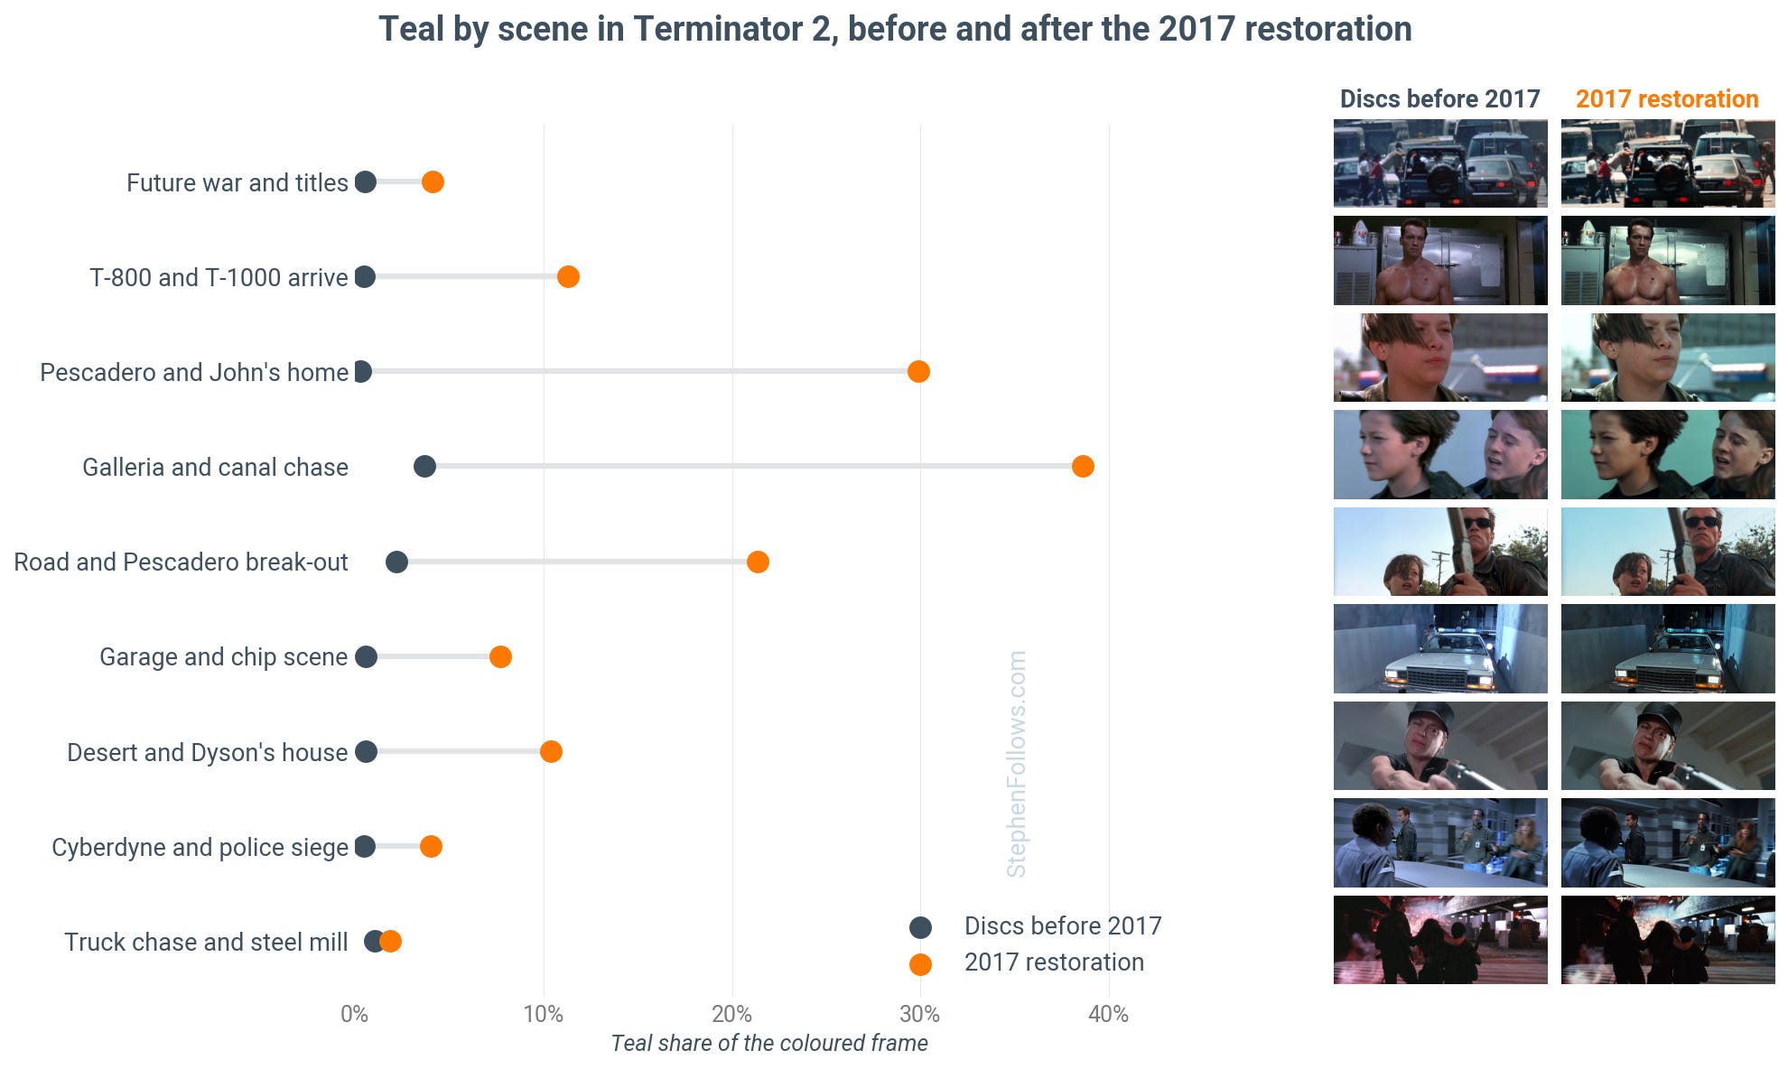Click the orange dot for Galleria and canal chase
[x=1083, y=466]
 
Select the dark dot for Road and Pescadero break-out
[x=396, y=562]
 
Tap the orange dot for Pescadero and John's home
[x=918, y=371]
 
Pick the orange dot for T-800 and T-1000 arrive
[x=568, y=276]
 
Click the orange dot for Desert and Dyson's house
[x=551, y=751]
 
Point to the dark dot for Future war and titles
[x=365, y=181]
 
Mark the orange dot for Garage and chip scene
[x=500, y=656]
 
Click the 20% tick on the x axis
[x=731, y=1014]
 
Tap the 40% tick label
[x=1108, y=1014]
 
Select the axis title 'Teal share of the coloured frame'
[x=769, y=1043]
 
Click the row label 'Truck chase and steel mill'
[x=206, y=942]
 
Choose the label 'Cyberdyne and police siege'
[x=200, y=847]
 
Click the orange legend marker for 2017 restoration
[x=920, y=964]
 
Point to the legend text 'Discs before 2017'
[x=1063, y=925]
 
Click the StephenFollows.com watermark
[x=1017, y=764]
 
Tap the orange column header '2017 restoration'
[x=1667, y=98]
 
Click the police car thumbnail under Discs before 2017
[x=1440, y=648]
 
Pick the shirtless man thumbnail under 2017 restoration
[x=1668, y=260]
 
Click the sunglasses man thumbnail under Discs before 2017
[x=1440, y=552]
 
